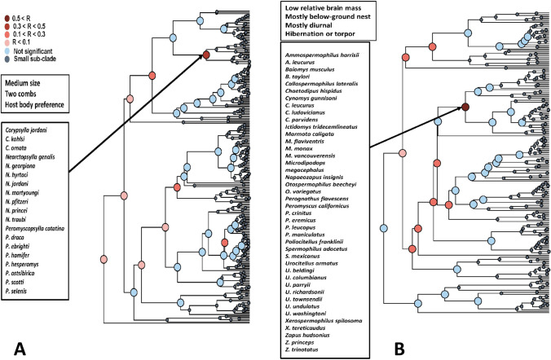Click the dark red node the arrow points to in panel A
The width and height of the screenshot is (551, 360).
[x=206, y=55]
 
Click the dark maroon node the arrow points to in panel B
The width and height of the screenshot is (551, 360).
[x=465, y=107]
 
